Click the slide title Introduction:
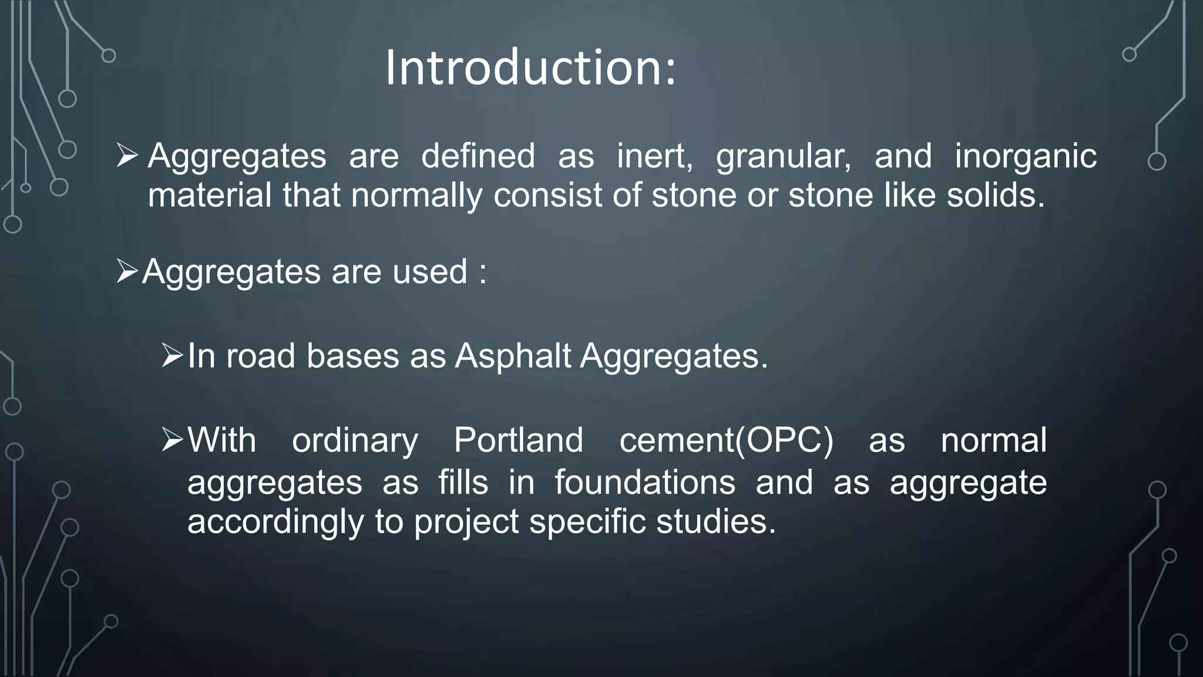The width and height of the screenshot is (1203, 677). coord(530,68)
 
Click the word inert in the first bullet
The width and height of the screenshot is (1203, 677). coord(654,156)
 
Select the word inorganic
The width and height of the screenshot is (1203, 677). coord(1025,156)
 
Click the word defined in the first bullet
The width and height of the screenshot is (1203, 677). coord(478,156)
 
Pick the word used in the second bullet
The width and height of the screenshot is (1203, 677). coord(429,272)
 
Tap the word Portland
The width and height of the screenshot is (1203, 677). coord(518,440)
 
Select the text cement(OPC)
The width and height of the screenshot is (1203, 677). coord(726,440)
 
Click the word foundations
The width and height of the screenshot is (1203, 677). coord(644,482)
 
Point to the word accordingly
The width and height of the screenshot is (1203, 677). coord(275,522)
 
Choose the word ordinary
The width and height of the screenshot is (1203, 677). coord(355,440)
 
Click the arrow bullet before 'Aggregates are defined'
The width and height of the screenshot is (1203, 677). coord(127,156)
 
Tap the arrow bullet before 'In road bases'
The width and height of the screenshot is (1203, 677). coord(172,356)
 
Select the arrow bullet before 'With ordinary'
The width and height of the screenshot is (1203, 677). coord(172,440)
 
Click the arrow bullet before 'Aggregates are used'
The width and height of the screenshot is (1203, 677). coord(127,272)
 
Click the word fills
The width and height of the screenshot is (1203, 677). coord(463,482)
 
